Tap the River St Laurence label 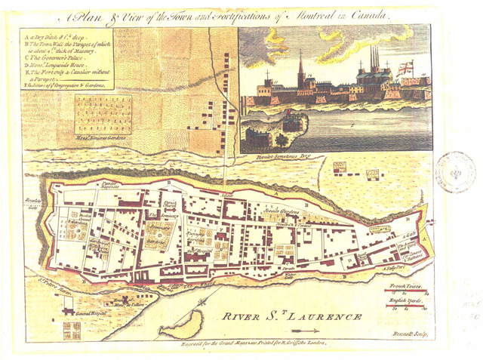[286, 316]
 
